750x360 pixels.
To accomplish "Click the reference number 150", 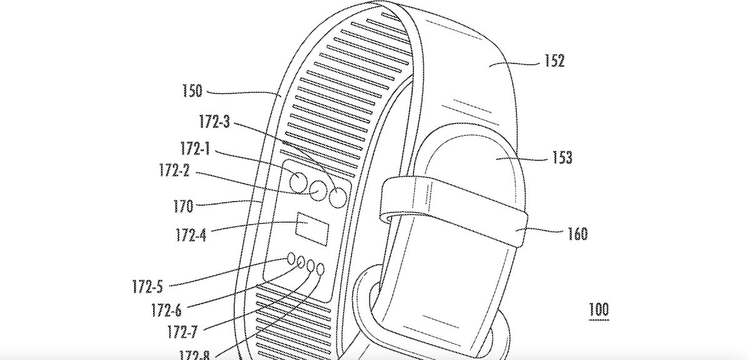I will (192, 91).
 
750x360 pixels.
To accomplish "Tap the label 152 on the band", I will (554, 61).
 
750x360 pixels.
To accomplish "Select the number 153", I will (562, 157).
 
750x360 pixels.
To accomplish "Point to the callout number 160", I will (578, 234).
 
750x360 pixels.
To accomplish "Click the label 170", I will (183, 204).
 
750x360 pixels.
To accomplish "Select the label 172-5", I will (148, 287).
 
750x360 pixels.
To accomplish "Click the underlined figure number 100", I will (597, 309).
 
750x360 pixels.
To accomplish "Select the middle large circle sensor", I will (319, 191).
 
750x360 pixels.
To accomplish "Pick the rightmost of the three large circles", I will (337, 198).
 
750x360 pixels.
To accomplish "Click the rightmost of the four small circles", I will (321, 270).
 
